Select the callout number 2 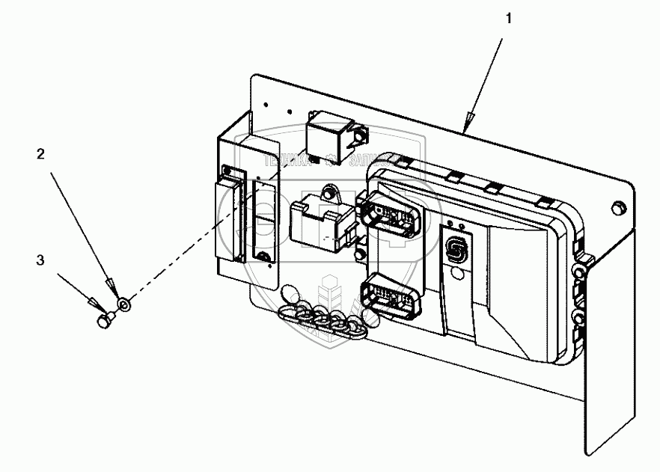pyautogui.click(x=41, y=155)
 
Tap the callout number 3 pyautogui.click(x=41, y=260)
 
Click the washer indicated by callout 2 pyautogui.click(x=125, y=304)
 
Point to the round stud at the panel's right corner pyautogui.click(x=618, y=206)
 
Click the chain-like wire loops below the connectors pyautogui.click(x=322, y=314)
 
